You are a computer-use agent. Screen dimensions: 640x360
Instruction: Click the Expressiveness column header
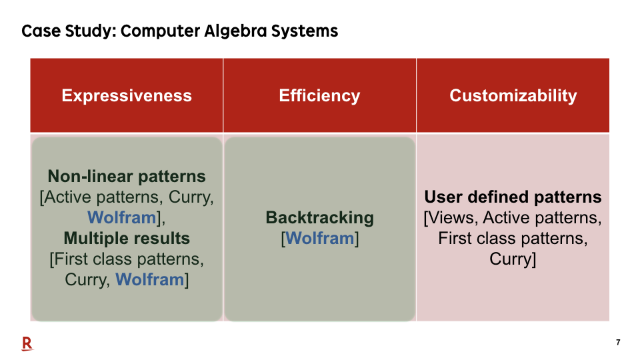127,95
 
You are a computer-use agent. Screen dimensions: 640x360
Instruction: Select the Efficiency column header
319,95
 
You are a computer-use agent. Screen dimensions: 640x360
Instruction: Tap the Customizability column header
513,95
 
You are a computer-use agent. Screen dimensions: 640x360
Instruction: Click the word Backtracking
319,217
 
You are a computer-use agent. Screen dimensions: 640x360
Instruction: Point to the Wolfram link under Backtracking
319,239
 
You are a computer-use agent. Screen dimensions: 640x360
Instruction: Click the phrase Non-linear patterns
127,176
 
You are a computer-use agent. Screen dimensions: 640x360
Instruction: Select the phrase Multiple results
127,239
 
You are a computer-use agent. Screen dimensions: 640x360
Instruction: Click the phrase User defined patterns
513,197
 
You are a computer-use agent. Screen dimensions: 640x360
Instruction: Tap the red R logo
27,344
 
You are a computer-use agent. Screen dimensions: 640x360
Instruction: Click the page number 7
618,342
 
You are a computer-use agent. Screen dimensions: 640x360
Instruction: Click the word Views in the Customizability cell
453,217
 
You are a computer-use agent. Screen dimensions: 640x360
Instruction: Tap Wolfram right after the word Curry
150,279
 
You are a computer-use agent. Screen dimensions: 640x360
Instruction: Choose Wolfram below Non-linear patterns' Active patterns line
121,217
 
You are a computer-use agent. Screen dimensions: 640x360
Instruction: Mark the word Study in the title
89,31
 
